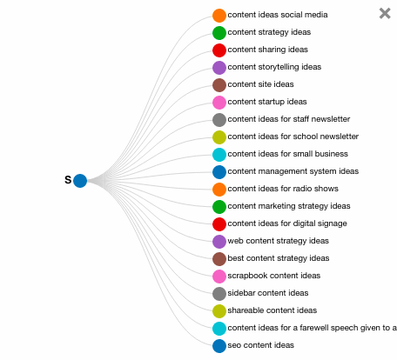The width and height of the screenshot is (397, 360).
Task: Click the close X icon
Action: point(385,13)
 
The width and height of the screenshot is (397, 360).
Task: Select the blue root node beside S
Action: point(80,181)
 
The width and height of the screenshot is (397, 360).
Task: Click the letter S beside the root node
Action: point(68,180)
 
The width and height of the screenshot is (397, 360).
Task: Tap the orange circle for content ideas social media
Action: point(219,16)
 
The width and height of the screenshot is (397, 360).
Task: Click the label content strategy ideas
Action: point(269,32)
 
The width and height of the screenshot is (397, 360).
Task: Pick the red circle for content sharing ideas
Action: point(219,50)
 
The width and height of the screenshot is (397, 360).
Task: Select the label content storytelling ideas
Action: point(274,67)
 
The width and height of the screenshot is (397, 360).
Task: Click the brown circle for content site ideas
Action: point(219,85)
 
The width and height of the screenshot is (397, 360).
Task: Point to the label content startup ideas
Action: point(267,102)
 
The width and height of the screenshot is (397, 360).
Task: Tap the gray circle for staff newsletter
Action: point(219,120)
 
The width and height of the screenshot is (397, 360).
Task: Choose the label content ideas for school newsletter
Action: point(293,137)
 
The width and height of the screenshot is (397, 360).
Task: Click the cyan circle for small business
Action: point(219,155)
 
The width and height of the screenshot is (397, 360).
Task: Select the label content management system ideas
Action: point(293,171)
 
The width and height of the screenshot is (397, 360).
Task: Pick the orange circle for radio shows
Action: point(219,190)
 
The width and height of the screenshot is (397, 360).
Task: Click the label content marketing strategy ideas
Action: point(289,206)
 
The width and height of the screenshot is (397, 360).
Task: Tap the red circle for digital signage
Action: point(219,224)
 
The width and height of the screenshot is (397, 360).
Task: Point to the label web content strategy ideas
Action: point(278,241)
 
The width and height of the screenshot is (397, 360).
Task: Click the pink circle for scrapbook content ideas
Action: point(219,277)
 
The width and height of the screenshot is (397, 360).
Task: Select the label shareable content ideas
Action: point(273,310)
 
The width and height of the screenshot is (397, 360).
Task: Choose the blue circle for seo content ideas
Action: point(219,346)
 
